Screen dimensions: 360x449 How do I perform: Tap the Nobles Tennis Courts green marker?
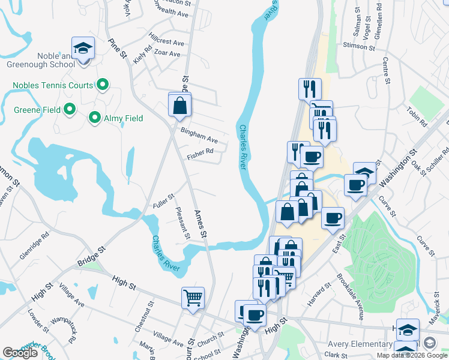click(x=103, y=86)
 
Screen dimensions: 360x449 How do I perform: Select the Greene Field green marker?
click(x=69, y=110)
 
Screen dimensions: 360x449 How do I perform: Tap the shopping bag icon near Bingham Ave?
click(x=179, y=106)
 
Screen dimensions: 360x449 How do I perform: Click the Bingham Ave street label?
click(x=199, y=135)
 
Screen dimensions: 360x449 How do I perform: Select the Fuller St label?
click(x=163, y=201)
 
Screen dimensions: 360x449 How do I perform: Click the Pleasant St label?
click(x=182, y=223)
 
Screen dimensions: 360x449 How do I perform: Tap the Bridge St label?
click(x=91, y=256)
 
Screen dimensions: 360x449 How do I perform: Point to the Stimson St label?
click(x=358, y=46)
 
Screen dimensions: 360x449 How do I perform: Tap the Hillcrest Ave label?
click(x=167, y=43)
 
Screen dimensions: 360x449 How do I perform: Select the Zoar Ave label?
click(x=166, y=53)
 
